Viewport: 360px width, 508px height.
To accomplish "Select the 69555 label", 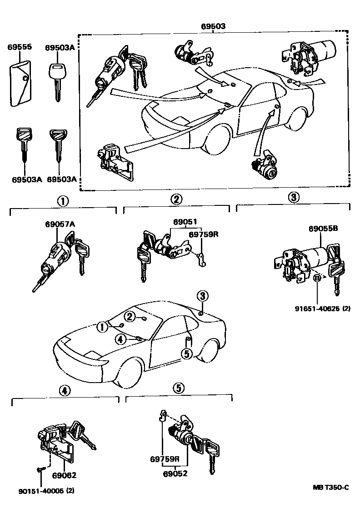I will coord(19,47).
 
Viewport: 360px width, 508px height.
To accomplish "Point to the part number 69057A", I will coord(60,224).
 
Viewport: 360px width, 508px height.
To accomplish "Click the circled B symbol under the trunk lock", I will coord(317,278).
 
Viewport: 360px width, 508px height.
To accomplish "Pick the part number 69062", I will coord(64,475).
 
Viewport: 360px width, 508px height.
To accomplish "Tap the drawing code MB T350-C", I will coord(331,488).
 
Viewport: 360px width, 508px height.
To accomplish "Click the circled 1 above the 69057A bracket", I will coord(63,199).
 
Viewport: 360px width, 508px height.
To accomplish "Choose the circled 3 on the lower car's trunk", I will coord(203,296).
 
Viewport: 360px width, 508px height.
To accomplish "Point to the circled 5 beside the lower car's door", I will coord(186,353).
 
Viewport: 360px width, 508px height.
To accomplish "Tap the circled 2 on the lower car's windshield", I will coord(130,316).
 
